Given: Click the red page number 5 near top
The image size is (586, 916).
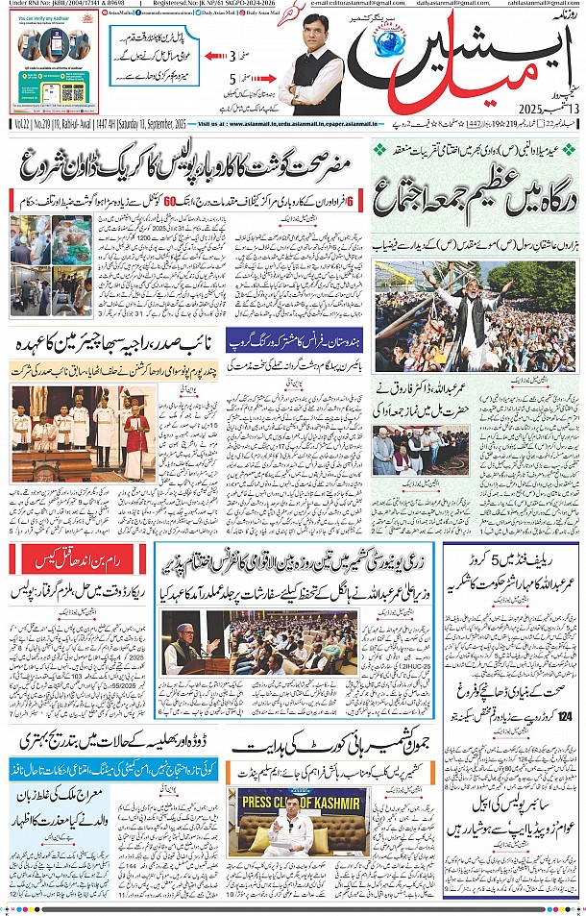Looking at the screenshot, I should [x=232, y=80].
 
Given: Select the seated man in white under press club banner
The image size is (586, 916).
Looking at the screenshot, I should [x=288, y=836].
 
